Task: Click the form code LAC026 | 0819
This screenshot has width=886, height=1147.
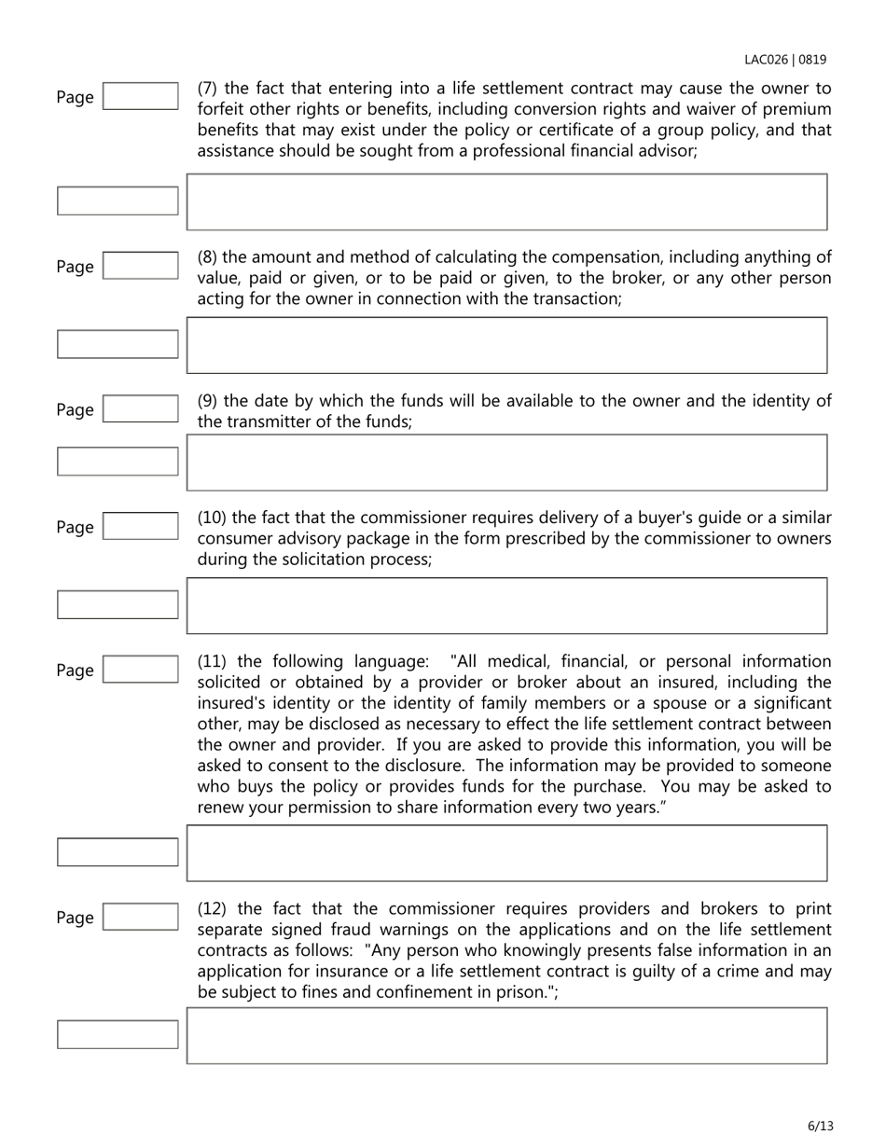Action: [784, 60]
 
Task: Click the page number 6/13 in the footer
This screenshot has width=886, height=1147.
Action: [820, 1126]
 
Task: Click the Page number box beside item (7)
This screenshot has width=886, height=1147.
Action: [140, 96]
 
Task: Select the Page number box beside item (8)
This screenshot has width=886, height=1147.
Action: [140, 267]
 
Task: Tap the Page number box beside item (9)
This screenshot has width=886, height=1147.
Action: [140, 409]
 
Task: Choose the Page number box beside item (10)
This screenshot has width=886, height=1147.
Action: [140, 527]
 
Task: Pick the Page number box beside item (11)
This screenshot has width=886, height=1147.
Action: [140, 670]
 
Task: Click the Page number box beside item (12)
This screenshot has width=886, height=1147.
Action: [140, 917]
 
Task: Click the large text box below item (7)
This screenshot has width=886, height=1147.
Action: [506, 201]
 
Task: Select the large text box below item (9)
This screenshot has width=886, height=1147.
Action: [506, 463]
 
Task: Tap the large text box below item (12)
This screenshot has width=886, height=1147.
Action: [506, 1035]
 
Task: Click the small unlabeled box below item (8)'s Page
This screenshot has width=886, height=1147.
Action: [118, 344]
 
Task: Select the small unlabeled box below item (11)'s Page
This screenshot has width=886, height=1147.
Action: [118, 852]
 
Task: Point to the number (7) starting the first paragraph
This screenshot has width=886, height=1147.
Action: [209, 90]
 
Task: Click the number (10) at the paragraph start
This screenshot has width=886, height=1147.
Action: [213, 518]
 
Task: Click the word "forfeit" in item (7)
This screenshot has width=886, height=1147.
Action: [221, 110]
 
